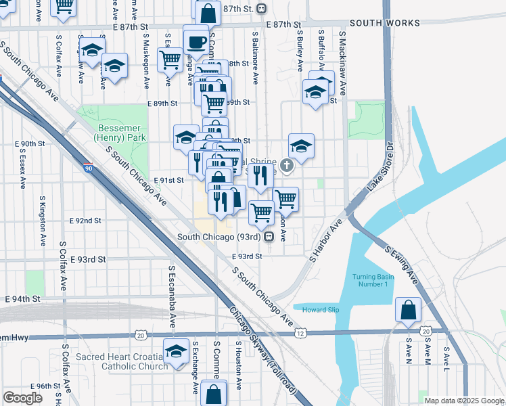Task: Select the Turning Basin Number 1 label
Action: click(x=370, y=280)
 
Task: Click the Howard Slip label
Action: click(x=320, y=310)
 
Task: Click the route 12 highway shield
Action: click(x=299, y=334)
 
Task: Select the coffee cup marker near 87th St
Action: click(x=196, y=41)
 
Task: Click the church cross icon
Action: click(x=286, y=164)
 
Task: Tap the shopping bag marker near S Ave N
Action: click(x=409, y=310)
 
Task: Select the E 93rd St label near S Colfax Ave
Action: click(x=92, y=259)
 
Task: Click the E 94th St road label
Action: click(x=24, y=298)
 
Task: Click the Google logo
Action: click(x=22, y=397)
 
